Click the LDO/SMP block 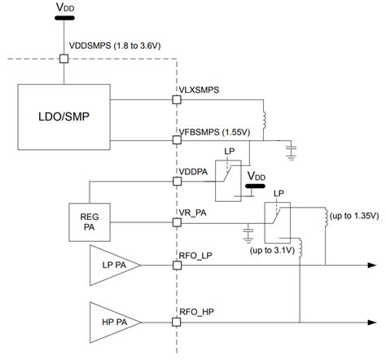point(64,116)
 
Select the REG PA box point(90,222)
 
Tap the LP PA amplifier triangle point(115,266)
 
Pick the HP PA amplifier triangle point(115,323)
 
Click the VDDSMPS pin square point(64,59)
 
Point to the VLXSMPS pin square point(177,99)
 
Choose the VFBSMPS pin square point(177,140)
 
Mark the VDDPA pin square point(177,181)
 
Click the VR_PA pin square point(177,222)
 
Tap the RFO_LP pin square point(177,266)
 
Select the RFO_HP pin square point(177,323)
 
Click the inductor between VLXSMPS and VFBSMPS point(264,120)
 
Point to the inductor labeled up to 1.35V point(327,217)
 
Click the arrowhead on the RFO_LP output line point(372,266)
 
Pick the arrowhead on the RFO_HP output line point(372,323)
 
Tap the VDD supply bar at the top point(64,18)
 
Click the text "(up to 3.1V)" point(272,250)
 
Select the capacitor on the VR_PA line point(248,232)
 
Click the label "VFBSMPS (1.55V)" point(214,132)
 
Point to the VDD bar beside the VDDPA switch point(255,187)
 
